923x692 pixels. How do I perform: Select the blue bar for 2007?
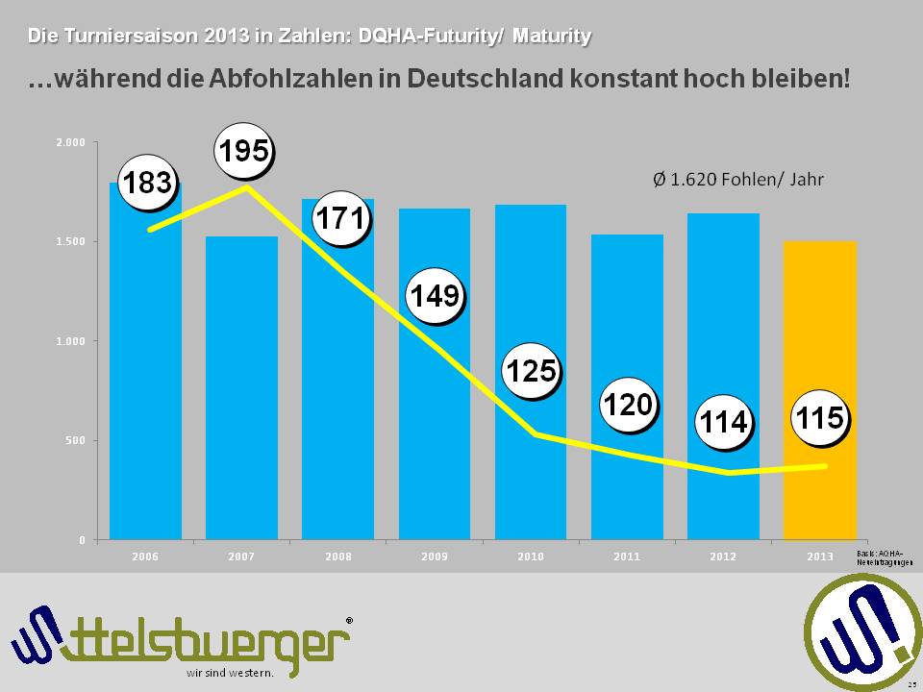click(241, 404)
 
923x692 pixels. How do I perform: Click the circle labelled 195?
click(244, 152)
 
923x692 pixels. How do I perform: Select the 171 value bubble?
click(341, 220)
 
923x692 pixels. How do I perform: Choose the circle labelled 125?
click(532, 371)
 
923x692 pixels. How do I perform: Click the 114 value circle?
click(723, 423)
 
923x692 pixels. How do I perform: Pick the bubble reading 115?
click(819, 419)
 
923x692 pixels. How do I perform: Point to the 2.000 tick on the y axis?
click(73, 142)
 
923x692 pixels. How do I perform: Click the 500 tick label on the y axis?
click(77, 441)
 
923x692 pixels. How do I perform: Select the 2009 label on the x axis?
click(435, 556)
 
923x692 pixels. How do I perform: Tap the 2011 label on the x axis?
click(627, 556)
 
